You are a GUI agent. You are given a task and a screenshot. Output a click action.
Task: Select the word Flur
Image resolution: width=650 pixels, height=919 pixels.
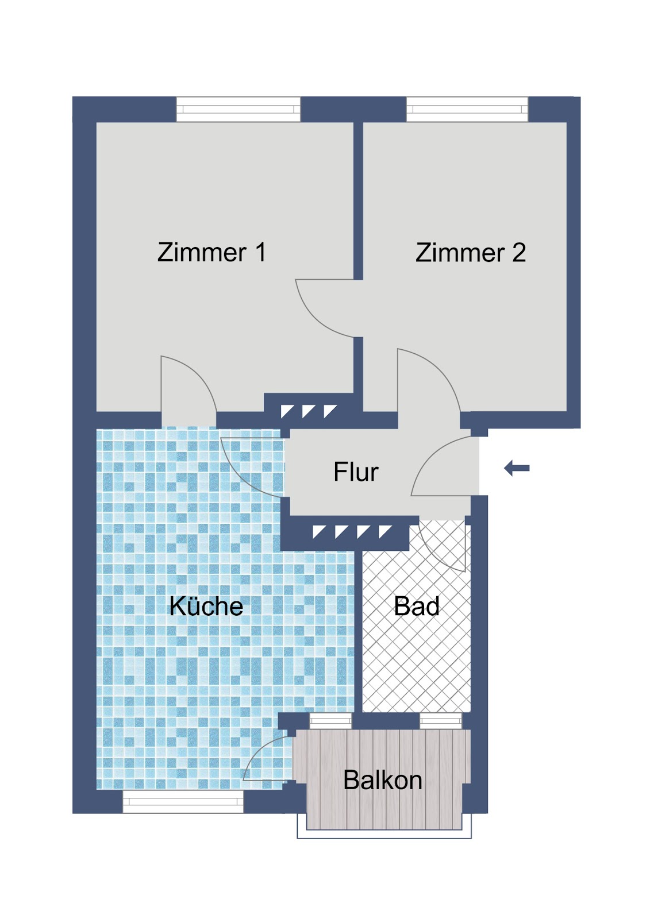pos(356,472)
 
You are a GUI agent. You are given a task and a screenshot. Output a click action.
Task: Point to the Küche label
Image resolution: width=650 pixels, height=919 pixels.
pos(206,606)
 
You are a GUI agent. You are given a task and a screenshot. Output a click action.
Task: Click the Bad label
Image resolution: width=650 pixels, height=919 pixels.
pos(416,606)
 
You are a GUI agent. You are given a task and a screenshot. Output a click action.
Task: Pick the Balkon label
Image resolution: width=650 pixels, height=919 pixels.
pos(383,780)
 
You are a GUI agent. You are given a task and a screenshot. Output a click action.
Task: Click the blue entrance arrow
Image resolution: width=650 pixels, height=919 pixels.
pos(517,468)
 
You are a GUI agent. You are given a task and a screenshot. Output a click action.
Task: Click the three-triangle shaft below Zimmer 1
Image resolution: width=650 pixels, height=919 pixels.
pos(309,411)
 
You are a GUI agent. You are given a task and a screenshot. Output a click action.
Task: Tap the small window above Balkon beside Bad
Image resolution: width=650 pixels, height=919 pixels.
pos(441,721)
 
